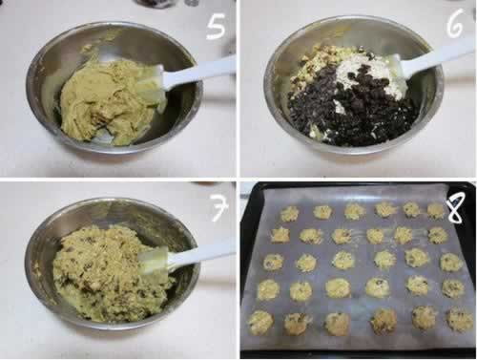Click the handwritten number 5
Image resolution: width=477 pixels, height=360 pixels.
point(216,28)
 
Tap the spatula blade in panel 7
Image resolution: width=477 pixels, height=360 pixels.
point(155,260)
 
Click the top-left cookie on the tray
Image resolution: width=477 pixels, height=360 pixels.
point(290,213)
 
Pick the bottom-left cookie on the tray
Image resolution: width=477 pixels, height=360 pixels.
point(260,323)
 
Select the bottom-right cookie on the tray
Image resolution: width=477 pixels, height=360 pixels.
point(460,319)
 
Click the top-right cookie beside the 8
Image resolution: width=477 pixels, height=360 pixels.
point(436,211)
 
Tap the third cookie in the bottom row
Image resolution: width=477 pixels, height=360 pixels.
point(338,324)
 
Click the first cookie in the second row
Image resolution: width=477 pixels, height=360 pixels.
point(280,235)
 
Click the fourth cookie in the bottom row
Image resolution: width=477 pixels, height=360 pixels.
point(384,321)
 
